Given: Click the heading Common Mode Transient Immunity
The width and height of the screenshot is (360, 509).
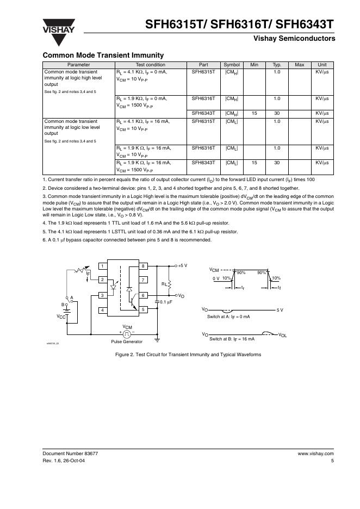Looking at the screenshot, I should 103,55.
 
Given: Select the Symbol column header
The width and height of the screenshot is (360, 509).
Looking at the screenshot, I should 232,65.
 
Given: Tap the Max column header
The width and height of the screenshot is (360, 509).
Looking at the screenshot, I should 299,65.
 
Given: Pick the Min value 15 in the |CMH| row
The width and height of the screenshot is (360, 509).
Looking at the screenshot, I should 254,113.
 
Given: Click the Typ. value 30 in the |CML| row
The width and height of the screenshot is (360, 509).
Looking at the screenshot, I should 276,163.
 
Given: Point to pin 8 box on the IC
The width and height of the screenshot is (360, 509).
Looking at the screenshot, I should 143,266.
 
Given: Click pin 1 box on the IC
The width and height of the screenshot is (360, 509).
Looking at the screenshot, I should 102,266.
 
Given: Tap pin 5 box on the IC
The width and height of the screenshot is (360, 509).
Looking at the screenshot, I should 143,310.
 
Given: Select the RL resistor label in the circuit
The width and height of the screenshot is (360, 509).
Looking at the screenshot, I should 164,284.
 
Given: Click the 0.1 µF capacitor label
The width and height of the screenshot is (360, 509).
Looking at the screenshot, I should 166,301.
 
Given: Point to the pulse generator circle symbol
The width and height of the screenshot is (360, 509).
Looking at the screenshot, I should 127,332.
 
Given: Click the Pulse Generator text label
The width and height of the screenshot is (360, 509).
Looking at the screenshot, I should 127,342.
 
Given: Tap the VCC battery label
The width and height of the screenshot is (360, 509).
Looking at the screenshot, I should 61,315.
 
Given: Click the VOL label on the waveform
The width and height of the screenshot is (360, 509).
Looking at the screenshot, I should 283,335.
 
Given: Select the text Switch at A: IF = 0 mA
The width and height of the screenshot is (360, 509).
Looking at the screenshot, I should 228,316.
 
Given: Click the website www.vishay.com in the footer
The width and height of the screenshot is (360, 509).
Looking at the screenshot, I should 315,453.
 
